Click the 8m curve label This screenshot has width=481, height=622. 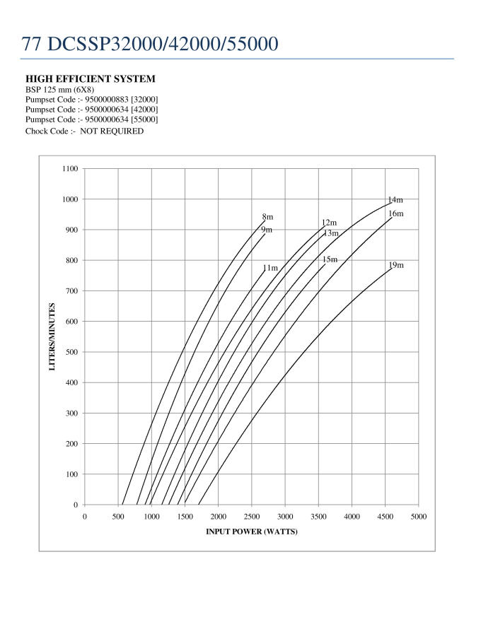[267, 217]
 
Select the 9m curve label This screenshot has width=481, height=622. [267, 230]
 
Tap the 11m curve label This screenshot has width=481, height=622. [270, 268]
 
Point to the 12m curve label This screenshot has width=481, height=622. [329, 223]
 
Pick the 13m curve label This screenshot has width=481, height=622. [331, 233]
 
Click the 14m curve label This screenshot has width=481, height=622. [395, 200]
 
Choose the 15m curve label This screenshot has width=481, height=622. [330, 259]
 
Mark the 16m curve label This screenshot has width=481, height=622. [395, 213]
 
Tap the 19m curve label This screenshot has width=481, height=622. [395, 265]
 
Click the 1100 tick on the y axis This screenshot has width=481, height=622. [69, 169]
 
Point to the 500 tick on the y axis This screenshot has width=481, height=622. [71, 352]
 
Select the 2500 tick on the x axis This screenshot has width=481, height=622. [251, 517]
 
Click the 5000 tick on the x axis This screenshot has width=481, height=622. [418, 517]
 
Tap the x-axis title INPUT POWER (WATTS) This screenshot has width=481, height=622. [251, 532]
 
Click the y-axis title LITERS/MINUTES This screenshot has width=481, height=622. [52, 336]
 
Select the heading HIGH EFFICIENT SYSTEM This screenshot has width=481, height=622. [91, 78]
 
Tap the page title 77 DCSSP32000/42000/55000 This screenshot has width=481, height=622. [150, 44]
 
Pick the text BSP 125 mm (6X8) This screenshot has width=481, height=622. [60, 90]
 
